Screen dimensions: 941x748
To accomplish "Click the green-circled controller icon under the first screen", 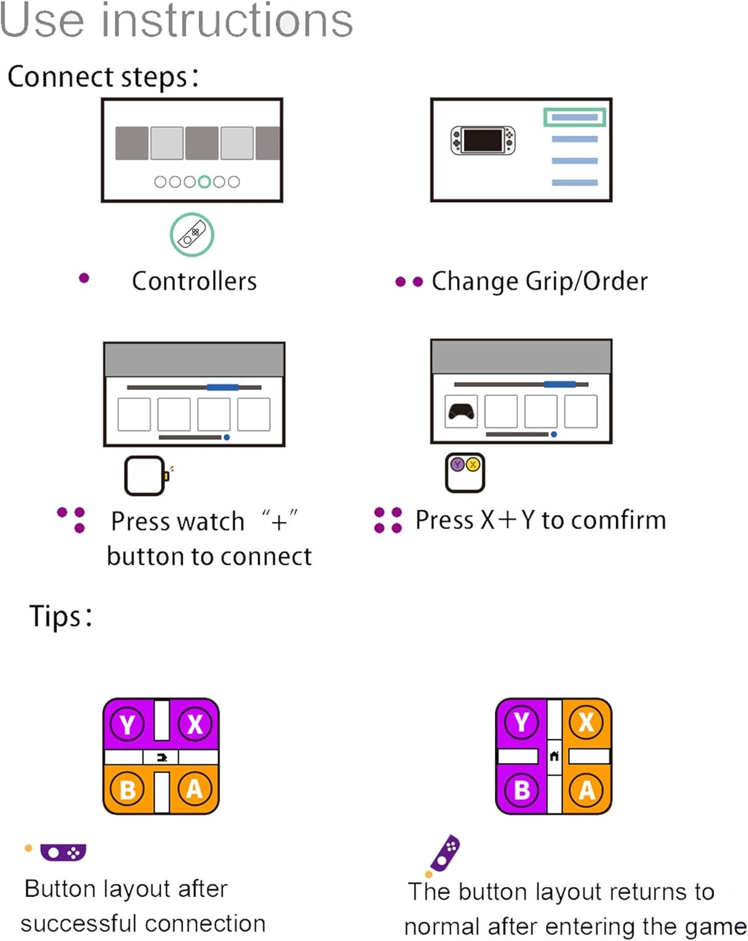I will tap(192, 235).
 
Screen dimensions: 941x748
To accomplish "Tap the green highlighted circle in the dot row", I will tap(204, 182).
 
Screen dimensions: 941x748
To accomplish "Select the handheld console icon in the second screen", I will tap(483, 140).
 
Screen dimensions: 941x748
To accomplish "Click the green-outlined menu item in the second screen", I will tap(574, 117).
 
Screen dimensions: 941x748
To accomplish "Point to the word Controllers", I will tap(194, 281).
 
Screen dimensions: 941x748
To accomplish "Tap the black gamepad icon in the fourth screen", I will tap(461, 412).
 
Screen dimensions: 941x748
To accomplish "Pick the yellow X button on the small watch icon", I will tap(473, 465).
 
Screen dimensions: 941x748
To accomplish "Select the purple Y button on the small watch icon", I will tap(458, 465).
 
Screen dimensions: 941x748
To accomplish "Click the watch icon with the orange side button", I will tap(145, 476).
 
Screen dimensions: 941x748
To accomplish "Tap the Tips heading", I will tap(60, 616).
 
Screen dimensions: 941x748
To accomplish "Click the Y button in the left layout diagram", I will tap(127, 725).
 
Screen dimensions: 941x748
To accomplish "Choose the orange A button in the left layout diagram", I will tap(194, 789).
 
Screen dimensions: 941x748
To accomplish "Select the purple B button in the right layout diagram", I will tap(522, 789).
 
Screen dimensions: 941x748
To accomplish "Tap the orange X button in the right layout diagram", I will tap(586, 722).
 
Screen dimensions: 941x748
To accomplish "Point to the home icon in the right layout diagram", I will tap(554, 756).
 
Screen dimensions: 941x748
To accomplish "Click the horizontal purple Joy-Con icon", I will tap(63, 853).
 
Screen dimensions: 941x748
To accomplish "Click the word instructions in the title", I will tap(227, 20).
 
